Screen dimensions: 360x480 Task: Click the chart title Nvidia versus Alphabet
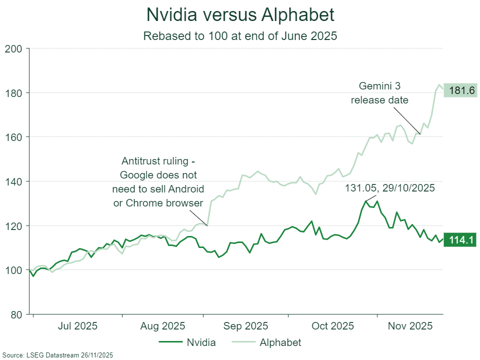[x=240, y=15]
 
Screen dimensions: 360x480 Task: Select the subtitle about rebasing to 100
[x=240, y=36]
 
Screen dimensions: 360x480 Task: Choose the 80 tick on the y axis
[x=16, y=314]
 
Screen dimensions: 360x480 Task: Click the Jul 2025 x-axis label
[x=77, y=326]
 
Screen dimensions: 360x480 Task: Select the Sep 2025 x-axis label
[x=245, y=326]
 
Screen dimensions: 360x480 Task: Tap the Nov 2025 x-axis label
[x=410, y=326]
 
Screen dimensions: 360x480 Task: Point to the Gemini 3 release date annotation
[x=379, y=93]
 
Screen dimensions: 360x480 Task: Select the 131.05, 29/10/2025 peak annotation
[x=390, y=188]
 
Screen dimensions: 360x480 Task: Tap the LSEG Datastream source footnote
[x=57, y=355]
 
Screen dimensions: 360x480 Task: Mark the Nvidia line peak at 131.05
[x=365, y=201]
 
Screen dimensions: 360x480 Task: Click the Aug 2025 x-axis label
[x=163, y=326]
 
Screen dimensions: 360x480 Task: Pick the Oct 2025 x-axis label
[x=332, y=326]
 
